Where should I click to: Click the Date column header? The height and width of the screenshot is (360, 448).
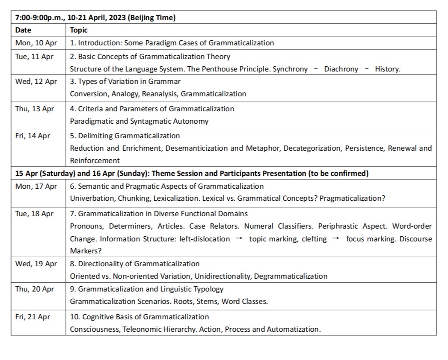(23, 30)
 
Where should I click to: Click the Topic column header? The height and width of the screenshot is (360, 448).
(79, 30)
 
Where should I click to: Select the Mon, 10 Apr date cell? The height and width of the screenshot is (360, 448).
(36, 43)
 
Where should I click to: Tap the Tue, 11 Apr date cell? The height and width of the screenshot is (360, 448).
(34, 57)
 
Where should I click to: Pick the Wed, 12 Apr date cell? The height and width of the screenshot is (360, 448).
(36, 81)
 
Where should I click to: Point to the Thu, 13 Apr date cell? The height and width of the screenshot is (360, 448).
(35, 109)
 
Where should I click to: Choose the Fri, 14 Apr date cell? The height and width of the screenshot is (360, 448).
(33, 136)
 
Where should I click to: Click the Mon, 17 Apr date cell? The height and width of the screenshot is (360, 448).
(36, 186)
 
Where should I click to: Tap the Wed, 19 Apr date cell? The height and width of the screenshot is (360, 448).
(36, 264)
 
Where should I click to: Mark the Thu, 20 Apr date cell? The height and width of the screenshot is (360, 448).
(35, 289)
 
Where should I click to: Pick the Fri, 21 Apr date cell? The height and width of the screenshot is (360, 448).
(33, 317)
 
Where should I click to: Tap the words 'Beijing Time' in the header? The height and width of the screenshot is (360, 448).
(153, 18)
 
